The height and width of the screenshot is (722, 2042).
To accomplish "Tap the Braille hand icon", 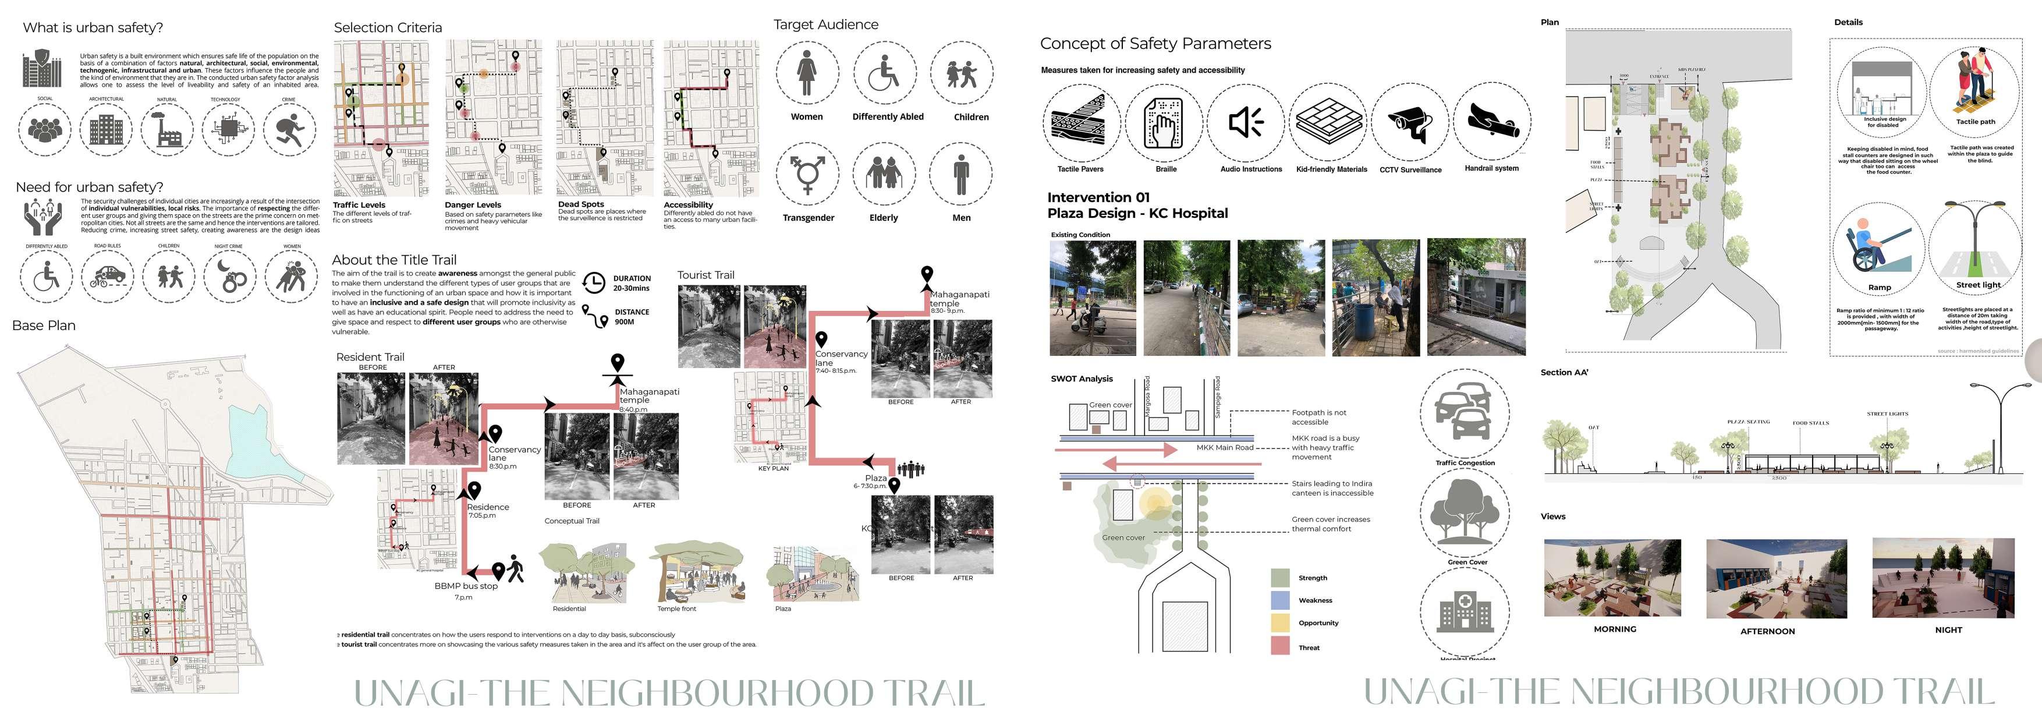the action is click(x=1164, y=123).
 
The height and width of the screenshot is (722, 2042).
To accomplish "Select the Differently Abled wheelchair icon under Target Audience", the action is click(x=885, y=74).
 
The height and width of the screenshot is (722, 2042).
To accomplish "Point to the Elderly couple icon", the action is click(x=884, y=173).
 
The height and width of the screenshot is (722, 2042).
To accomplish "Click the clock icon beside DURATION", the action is click(x=594, y=283).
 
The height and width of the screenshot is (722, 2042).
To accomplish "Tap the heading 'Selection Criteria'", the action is click(x=388, y=28).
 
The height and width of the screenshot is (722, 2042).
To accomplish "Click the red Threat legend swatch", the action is click(x=1280, y=646).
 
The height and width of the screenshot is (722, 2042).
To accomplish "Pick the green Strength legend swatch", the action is click(x=1280, y=578).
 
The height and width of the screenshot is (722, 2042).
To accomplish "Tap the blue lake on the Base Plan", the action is click(x=254, y=440).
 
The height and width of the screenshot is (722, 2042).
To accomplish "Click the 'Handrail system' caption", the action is click(x=1491, y=169).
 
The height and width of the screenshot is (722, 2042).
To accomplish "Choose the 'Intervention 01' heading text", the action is click(x=1098, y=197).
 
